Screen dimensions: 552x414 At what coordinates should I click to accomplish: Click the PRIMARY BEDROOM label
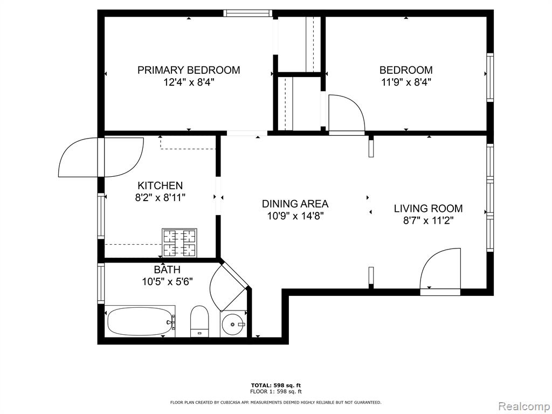[x=189, y=70]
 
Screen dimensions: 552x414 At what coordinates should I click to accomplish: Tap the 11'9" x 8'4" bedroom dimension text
[x=406, y=82]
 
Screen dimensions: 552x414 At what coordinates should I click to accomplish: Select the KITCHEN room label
[x=160, y=185]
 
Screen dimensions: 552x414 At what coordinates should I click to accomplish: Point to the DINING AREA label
[x=295, y=204]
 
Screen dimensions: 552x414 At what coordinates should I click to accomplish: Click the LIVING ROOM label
[x=428, y=209]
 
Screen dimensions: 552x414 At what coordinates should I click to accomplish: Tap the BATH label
[x=167, y=270]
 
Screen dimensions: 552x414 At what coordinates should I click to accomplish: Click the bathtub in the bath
[x=141, y=321]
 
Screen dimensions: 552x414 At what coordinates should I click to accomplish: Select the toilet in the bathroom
[x=199, y=321]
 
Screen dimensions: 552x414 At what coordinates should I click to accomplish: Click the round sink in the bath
[x=234, y=324]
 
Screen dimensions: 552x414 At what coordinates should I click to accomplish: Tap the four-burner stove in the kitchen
[x=179, y=243]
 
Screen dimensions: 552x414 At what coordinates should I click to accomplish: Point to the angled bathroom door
[x=229, y=286]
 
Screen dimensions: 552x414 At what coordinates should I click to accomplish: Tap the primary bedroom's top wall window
[x=248, y=13]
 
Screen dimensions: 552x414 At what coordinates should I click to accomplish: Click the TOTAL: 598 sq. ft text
[x=276, y=385]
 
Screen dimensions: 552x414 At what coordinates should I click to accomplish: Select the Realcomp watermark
[x=524, y=406]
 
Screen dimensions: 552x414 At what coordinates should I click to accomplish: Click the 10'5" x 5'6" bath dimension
[x=167, y=281]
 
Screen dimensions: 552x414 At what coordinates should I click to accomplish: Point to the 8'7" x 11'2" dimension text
[x=428, y=220]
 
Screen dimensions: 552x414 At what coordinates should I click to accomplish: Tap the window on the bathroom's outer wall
[x=101, y=284]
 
